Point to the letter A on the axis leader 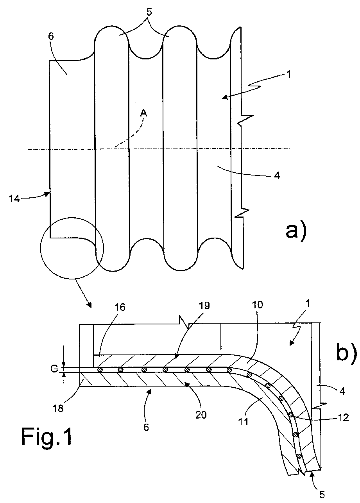coord(143,113)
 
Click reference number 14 coord(14,199)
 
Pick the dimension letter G coord(54,369)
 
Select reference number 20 coord(201,415)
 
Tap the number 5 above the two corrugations coord(149,12)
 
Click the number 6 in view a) coord(51,36)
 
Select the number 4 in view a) coord(277,175)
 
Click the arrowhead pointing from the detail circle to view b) coord(90,306)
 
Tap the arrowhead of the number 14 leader coord(48,194)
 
